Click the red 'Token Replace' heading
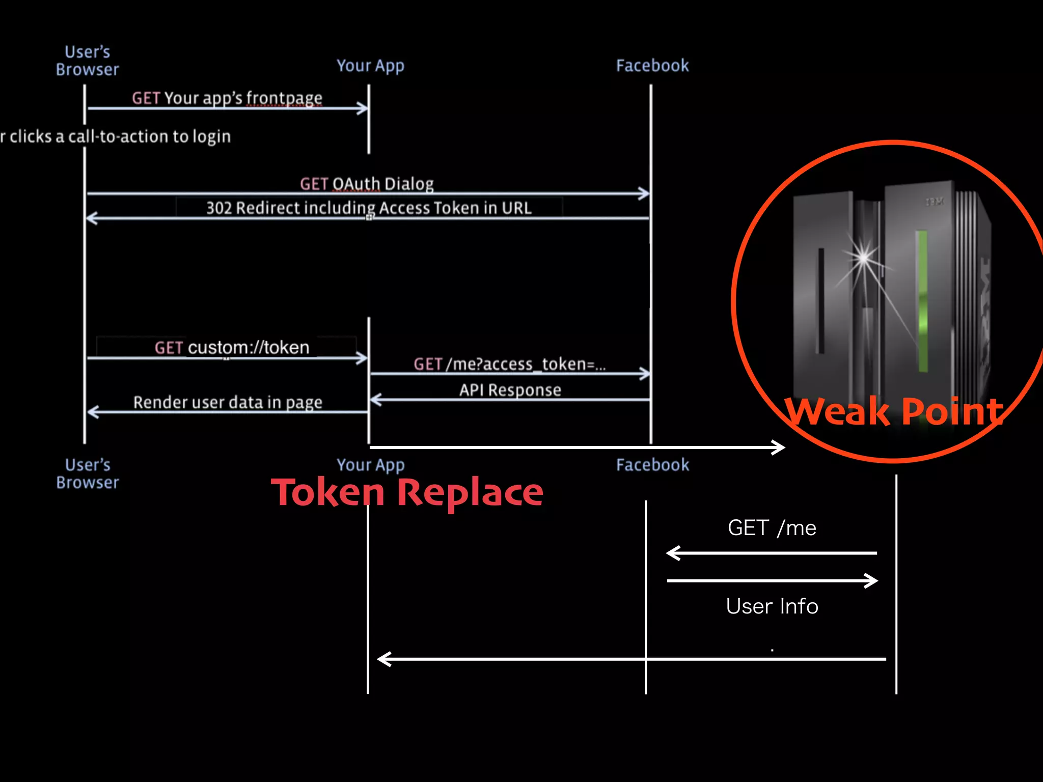pos(407,492)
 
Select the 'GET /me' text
pos(772,528)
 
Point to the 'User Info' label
pos(772,606)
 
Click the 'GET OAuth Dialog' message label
pos(367,184)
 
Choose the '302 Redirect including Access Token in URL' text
pos(369,208)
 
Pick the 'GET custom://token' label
pos(232,348)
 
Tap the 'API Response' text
pos(510,390)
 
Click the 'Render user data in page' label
pos(228,402)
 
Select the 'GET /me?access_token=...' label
pos(510,364)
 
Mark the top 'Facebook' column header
pos(652,66)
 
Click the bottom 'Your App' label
pos(370,465)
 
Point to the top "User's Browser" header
pos(88,61)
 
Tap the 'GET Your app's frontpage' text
pos(227,98)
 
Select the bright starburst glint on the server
pos(863,257)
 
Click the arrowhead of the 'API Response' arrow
pos(376,400)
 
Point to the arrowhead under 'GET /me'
pos(673,553)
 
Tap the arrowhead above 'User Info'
pos(871,580)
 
